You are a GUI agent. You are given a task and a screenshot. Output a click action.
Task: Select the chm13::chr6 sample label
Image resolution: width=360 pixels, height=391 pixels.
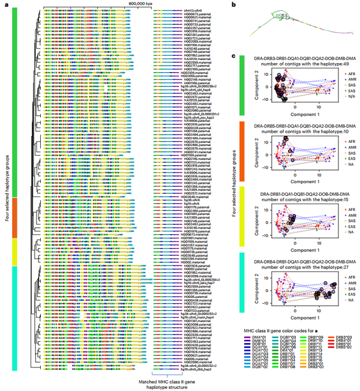pos(193,10)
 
